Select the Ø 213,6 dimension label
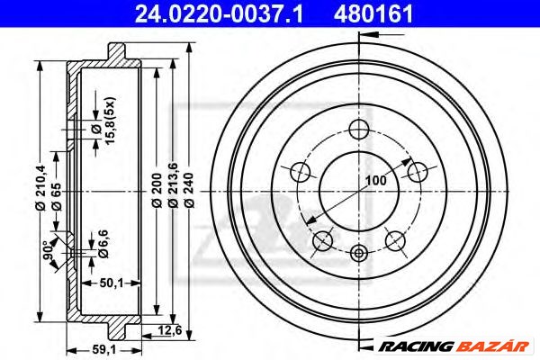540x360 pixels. (x=173, y=189)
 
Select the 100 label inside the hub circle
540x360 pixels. (x=375, y=181)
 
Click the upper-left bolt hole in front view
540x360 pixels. (x=301, y=171)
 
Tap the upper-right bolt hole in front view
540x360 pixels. (x=415, y=170)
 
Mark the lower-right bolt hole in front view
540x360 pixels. (x=393, y=238)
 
